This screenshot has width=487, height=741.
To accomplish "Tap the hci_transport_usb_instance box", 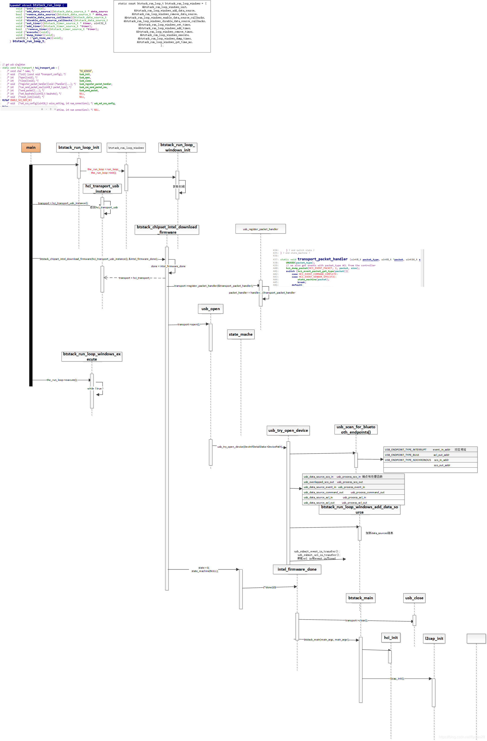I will click(x=102, y=188).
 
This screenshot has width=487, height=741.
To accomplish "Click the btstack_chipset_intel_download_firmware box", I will click(x=167, y=229).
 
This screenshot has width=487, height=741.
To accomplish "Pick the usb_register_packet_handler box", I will click(x=260, y=229).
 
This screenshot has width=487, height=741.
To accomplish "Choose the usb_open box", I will click(x=210, y=309).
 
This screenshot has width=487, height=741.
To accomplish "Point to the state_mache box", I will click(x=240, y=334).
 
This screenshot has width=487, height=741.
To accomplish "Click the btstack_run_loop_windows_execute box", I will click(x=92, y=356).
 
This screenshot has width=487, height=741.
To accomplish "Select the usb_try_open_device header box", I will click(x=288, y=430).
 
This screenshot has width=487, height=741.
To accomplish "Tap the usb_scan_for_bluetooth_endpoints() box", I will click(x=355, y=429).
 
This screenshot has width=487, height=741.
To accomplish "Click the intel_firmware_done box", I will click(x=297, y=569).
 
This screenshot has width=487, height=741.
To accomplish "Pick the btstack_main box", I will click(x=361, y=598).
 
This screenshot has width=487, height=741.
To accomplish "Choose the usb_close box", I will click(x=414, y=598).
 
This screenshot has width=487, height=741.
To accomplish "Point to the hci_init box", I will click(x=391, y=637).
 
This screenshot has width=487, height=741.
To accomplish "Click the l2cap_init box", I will click(x=434, y=638).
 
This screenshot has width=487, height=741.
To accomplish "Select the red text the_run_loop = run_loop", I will click(x=103, y=169).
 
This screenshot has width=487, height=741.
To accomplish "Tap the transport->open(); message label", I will click(x=189, y=324).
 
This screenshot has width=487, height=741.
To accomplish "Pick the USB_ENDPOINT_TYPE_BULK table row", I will click(x=430, y=455).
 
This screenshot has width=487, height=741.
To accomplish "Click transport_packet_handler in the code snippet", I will click(x=322, y=259).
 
